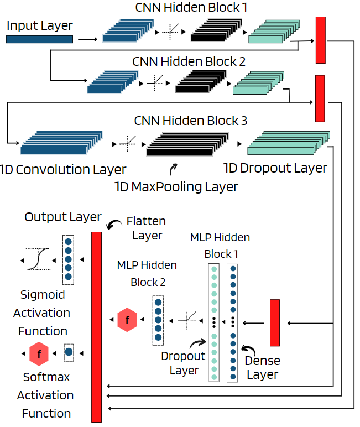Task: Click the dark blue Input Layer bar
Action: (39, 39)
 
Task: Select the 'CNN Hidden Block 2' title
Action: (189, 61)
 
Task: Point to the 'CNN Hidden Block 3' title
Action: (191, 120)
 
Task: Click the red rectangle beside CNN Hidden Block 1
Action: (320, 40)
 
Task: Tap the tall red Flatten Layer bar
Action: (96, 326)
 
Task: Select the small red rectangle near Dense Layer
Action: (275, 322)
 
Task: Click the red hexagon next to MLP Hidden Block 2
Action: (128, 320)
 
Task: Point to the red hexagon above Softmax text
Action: (39, 352)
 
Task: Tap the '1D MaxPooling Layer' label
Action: (176, 187)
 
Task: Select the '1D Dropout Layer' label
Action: (275, 168)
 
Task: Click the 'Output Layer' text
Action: (63, 217)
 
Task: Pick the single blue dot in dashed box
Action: (69, 352)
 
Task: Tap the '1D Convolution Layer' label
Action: (63, 169)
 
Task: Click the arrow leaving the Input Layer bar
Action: (87, 39)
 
